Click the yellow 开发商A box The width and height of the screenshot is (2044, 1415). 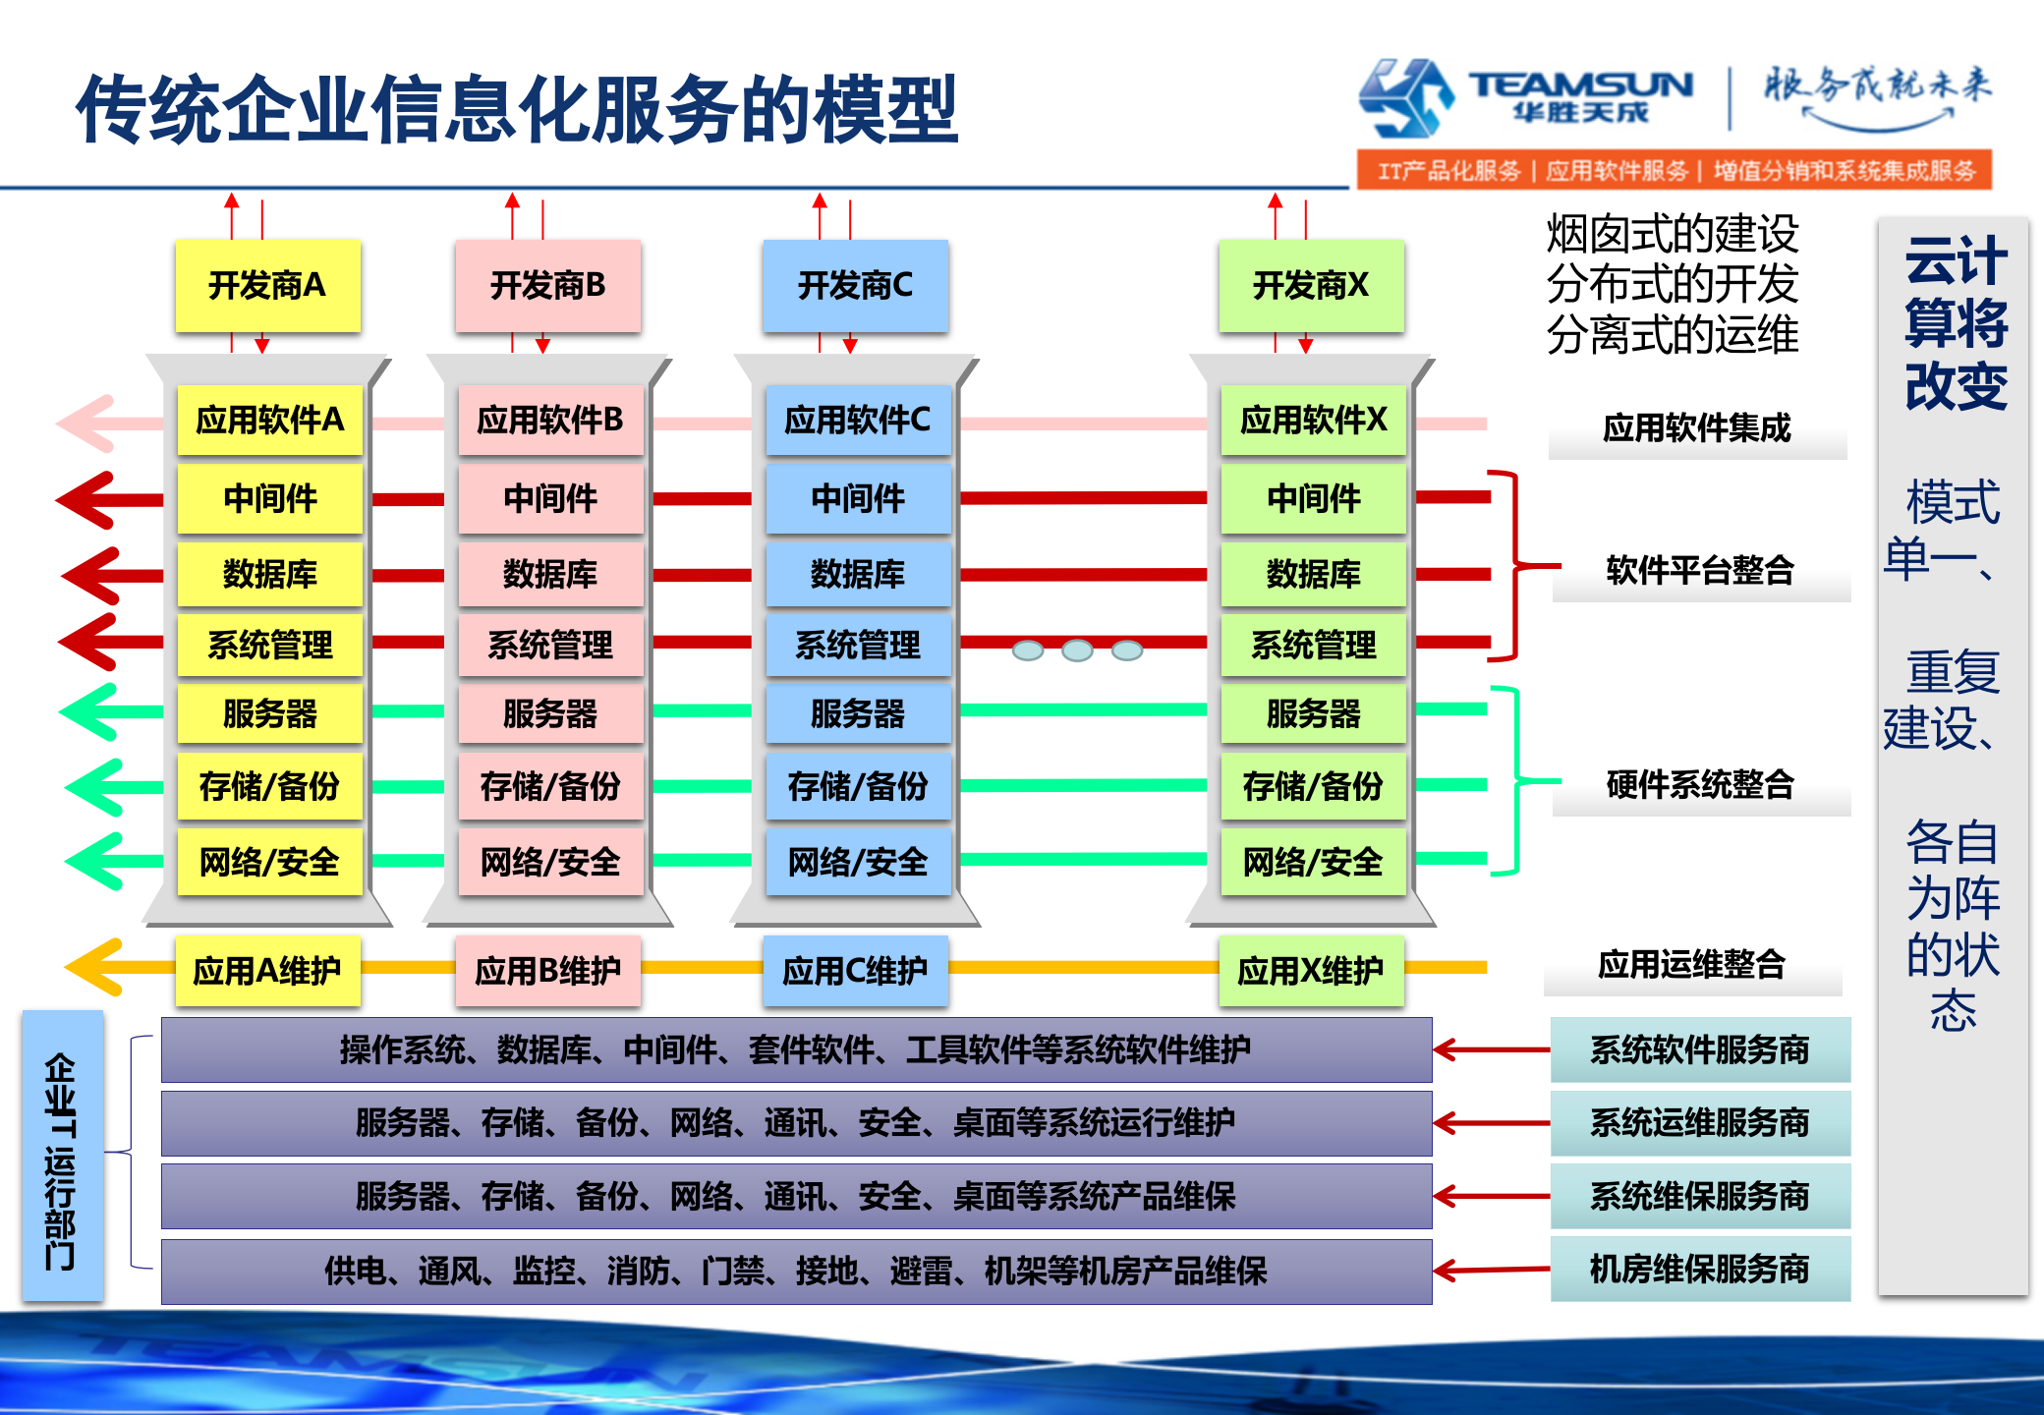pyautogui.click(x=267, y=285)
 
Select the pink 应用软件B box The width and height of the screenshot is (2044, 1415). pyautogui.click(x=549, y=421)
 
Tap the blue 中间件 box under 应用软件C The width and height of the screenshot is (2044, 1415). pyautogui.click(x=857, y=498)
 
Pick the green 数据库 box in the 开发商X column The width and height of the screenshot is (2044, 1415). pyautogui.click(x=1313, y=574)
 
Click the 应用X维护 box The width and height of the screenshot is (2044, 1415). pyautogui.click(x=1311, y=971)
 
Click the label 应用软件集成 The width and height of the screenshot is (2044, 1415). pyautogui.click(x=1697, y=428)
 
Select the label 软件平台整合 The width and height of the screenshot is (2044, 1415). pyautogui.click(x=1700, y=570)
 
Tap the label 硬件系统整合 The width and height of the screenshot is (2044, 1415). pyautogui.click(x=1700, y=784)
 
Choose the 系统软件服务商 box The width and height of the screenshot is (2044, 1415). pyautogui.click(x=1700, y=1049)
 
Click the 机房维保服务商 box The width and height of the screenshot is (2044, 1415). pyautogui.click(x=1700, y=1270)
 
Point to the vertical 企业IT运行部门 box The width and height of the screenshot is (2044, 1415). pyautogui.click(x=62, y=1157)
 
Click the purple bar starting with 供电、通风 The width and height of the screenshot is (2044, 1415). pyautogui.click(x=796, y=1272)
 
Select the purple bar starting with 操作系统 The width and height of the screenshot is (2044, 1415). pyautogui.click(x=796, y=1049)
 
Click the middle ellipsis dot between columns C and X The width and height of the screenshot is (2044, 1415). pyautogui.click(x=1077, y=651)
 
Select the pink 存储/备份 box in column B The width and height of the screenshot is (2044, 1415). pyautogui.click(x=549, y=786)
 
